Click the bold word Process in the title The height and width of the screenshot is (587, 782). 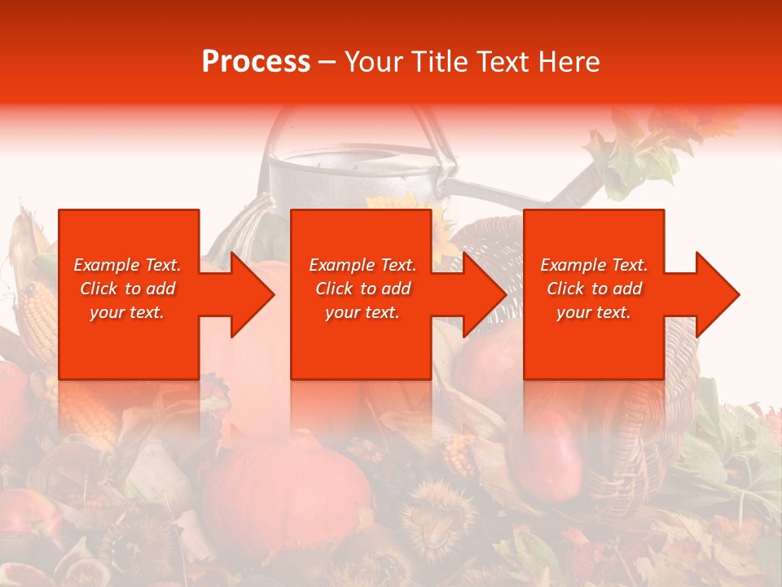pos(256,62)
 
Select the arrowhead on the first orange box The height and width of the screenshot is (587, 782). pos(249,294)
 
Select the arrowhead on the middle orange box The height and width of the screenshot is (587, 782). pos(482,294)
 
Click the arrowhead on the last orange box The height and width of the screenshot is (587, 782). pos(715,294)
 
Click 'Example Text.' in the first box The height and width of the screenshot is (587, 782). pos(128,265)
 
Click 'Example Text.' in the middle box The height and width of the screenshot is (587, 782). pos(362,265)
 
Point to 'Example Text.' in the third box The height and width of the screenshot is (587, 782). pos(594,265)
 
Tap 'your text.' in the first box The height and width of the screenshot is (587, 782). pos(128,312)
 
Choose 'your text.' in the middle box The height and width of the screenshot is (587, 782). pos(362,312)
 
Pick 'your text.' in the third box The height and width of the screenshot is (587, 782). pos(594,312)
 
